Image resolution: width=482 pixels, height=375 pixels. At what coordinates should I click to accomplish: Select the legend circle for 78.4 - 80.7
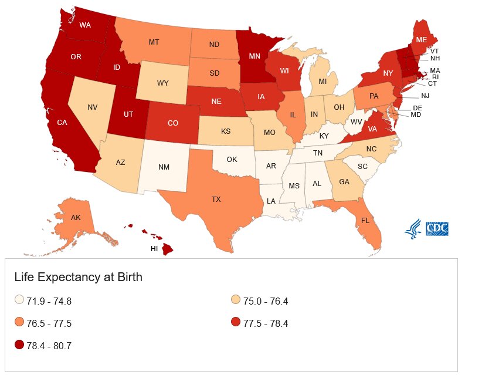pos(19,345)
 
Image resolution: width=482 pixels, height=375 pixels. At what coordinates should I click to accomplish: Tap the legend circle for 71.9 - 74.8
pos(19,301)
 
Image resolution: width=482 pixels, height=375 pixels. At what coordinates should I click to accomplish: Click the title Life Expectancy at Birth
pos(78,277)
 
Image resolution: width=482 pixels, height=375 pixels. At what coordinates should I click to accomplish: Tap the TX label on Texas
pos(216,200)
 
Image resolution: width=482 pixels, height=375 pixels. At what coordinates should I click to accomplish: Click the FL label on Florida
pos(365,221)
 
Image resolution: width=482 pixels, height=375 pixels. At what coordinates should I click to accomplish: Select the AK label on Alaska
pos(75,218)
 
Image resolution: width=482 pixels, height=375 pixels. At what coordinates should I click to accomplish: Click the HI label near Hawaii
pos(154,248)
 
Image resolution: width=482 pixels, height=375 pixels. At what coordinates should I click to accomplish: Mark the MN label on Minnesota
pos(254,56)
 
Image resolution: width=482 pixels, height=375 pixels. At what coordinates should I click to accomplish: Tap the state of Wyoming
pos(163,83)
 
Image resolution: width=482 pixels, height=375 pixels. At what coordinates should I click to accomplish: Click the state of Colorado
pos(173,123)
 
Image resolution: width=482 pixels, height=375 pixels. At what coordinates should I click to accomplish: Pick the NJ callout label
pos(425,96)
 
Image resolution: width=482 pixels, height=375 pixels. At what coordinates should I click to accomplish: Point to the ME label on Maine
pos(421,40)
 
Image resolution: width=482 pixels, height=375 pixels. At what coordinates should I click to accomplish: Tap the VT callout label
pos(435,50)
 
